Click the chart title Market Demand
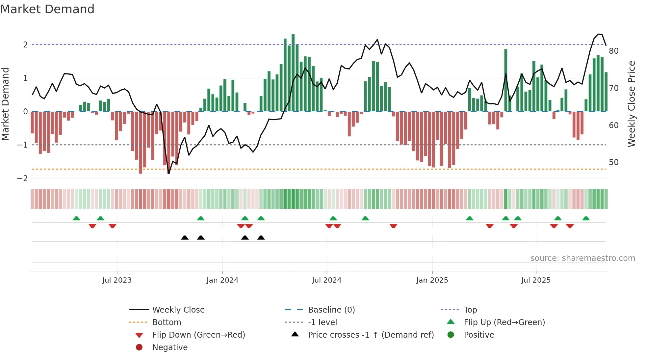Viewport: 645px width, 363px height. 47,9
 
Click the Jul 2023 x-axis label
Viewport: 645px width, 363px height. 117,280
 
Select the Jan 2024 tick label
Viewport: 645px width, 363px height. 222,280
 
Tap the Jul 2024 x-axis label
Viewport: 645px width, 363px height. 326,280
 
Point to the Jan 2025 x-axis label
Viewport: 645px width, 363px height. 432,280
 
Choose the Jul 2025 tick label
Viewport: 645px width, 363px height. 536,280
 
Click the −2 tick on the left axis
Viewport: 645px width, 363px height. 23,179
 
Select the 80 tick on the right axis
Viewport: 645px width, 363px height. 613,51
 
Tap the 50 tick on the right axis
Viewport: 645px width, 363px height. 613,162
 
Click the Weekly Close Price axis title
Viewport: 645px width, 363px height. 631,104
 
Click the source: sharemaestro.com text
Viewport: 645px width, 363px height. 582,258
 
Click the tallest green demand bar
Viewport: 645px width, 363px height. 293,72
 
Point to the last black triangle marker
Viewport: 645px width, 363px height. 261,238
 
